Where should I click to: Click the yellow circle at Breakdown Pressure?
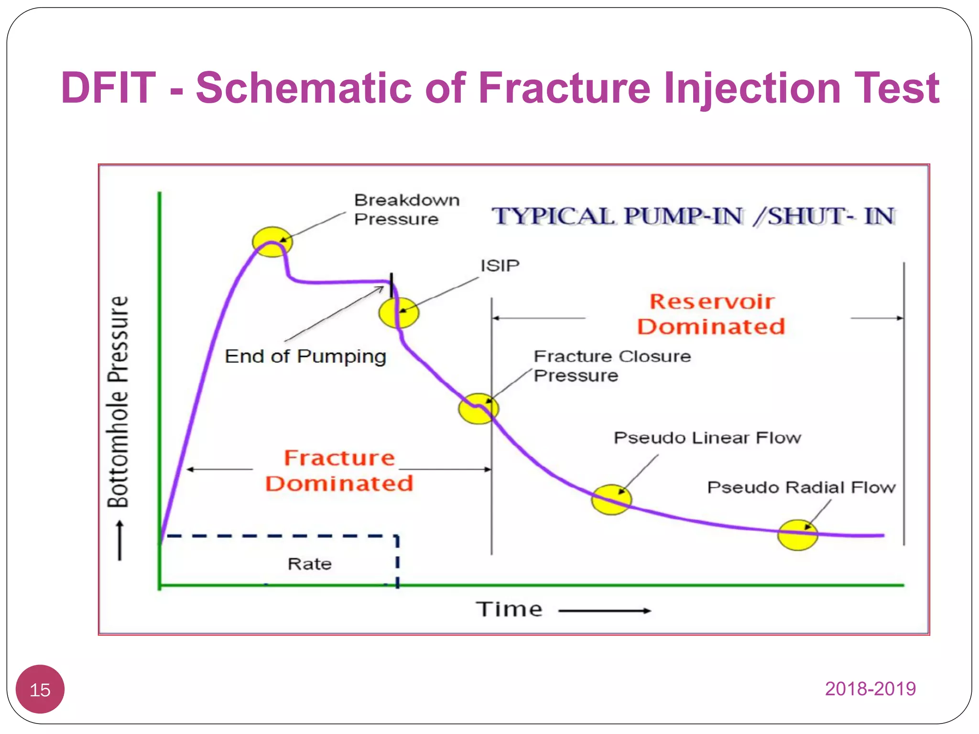coord(272,242)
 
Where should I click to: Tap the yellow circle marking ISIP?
coord(399,313)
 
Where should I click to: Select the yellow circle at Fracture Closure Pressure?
coord(478,409)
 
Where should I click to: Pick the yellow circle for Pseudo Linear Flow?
coord(611,499)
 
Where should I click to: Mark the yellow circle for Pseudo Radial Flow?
coord(797,535)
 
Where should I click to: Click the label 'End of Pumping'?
coord(305,356)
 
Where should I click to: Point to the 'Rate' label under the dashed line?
coord(309,564)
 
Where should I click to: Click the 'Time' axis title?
coord(509,610)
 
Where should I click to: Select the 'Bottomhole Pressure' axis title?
coord(118,401)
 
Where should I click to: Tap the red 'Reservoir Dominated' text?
coord(711,314)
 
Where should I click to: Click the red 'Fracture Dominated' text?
coord(339,471)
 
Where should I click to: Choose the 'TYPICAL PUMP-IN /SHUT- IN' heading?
coord(693,216)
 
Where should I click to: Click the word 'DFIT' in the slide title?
coord(109,87)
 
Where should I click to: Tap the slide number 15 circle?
coord(40,690)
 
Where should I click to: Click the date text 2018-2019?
coord(870,689)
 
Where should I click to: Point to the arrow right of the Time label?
coord(604,611)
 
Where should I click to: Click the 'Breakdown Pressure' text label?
coord(406,209)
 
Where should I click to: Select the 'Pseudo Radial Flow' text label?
coord(801,487)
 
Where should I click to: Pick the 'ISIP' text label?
coord(500,266)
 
